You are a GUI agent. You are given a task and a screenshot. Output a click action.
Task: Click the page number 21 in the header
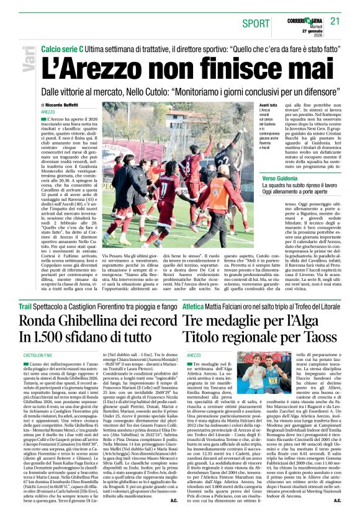point(335,21)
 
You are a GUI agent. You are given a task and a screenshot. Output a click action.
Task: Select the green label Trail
point(25,306)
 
